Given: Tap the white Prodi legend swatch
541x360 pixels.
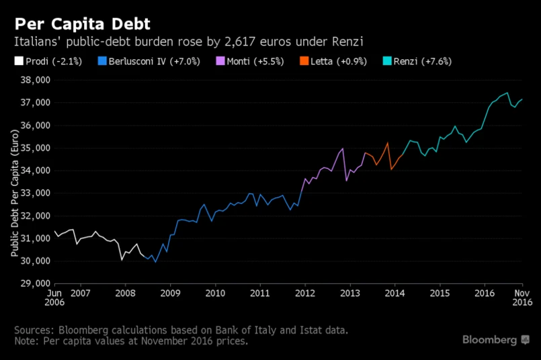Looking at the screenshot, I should click(x=19, y=61).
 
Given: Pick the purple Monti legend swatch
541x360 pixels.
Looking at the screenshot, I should click(x=219, y=61).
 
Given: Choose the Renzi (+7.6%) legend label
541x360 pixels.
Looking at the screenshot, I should click(x=422, y=61).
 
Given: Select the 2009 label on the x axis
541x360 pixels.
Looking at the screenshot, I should click(x=170, y=294).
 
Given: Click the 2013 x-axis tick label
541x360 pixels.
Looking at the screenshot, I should click(x=350, y=294).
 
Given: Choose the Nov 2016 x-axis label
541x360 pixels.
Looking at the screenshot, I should click(x=523, y=298).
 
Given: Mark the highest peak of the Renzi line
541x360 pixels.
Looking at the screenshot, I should click(x=507, y=93).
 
